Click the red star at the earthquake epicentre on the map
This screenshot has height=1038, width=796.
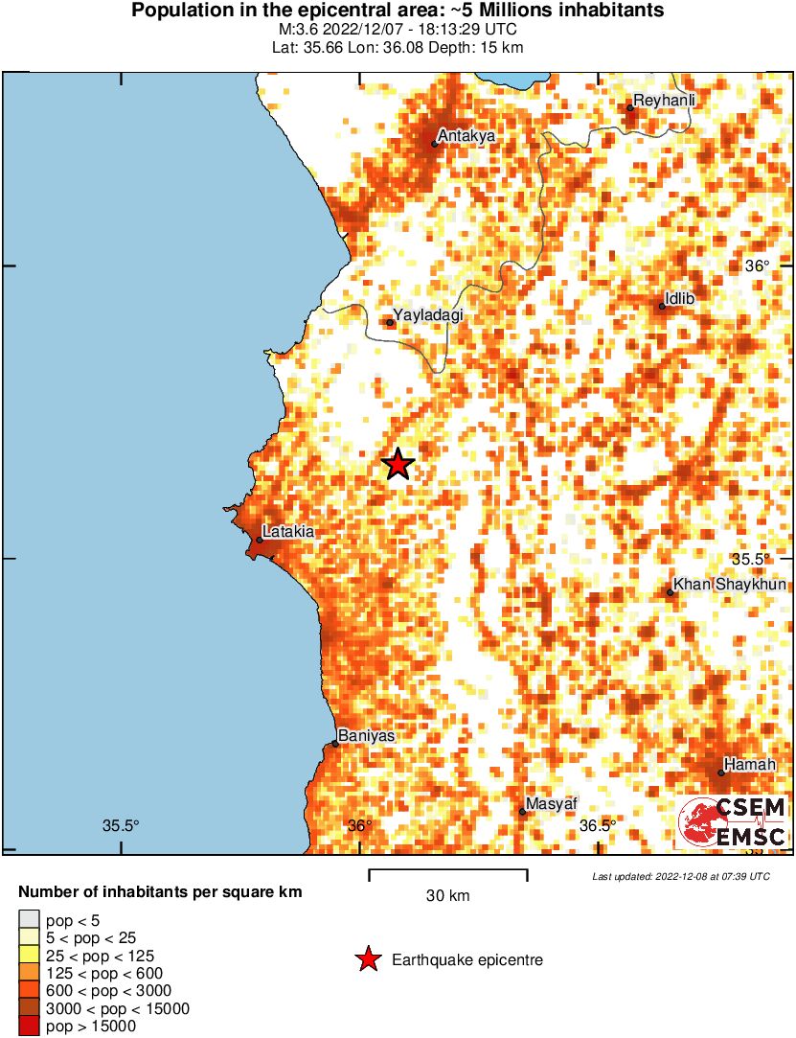click(x=398, y=465)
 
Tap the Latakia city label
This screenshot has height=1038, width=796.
click(x=288, y=531)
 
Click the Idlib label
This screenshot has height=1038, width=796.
click(x=678, y=299)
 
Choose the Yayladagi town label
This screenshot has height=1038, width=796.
click(x=427, y=314)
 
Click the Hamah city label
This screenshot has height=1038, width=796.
click(x=743, y=764)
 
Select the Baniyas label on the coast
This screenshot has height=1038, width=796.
click(x=366, y=735)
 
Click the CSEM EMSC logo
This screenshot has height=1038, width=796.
click(x=733, y=822)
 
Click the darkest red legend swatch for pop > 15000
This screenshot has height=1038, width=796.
click(x=30, y=1026)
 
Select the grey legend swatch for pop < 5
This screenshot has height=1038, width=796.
click(x=30, y=920)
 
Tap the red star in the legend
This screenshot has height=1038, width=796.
click(x=368, y=959)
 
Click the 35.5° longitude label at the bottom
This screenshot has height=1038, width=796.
click(x=122, y=826)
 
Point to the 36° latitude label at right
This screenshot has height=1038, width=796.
click(x=757, y=265)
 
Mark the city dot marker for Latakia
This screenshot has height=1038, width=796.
click(x=259, y=540)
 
